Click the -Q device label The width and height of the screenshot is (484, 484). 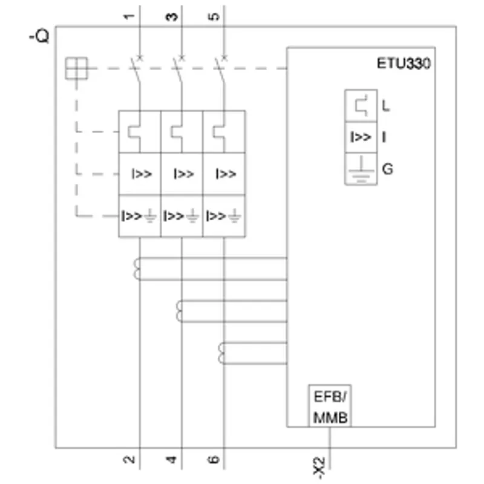(39, 36)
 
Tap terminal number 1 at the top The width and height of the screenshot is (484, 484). (129, 16)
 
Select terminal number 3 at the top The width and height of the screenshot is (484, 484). (171, 17)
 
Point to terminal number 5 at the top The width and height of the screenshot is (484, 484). (214, 16)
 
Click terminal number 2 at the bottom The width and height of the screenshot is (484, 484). (129, 460)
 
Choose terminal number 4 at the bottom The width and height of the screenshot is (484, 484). (171, 460)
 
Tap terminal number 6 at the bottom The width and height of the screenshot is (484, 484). (214, 460)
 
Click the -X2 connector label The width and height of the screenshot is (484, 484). (319, 468)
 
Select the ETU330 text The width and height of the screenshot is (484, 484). (404, 64)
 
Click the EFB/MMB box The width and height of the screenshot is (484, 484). (330, 406)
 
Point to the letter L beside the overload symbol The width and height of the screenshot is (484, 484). (386, 106)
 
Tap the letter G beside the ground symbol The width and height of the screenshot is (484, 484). (387, 169)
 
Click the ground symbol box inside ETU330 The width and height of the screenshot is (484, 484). (361, 169)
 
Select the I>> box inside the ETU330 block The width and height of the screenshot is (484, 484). (361, 137)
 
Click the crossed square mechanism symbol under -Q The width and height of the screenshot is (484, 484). (77, 68)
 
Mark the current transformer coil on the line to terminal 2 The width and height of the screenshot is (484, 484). (137, 269)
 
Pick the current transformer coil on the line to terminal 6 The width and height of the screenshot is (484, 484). (221, 353)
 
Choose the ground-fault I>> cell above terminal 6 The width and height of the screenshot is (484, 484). (224, 216)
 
